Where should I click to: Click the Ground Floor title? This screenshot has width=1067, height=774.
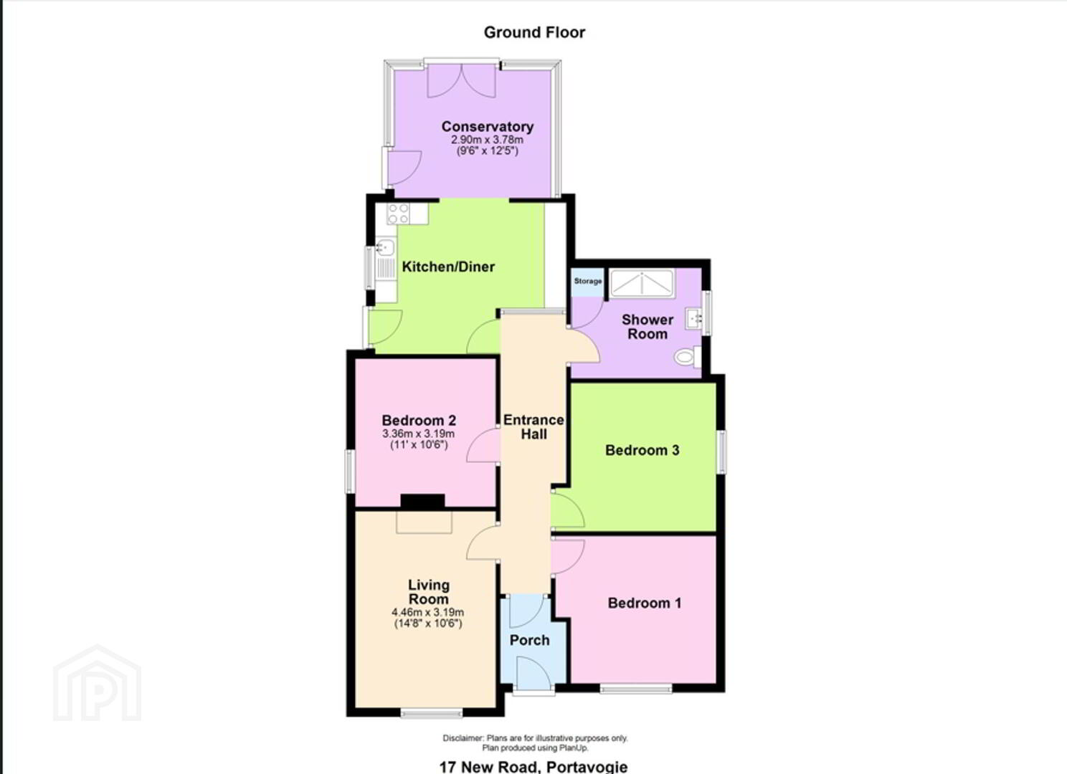pos(534,32)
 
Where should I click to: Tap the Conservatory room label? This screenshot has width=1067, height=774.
pos(488,127)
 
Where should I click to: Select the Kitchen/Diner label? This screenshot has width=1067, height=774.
pos(448,267)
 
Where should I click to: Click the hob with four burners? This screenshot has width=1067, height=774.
pos(398,214)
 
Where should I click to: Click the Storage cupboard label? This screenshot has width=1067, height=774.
pos(588,282)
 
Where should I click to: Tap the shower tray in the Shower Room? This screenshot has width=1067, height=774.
pos(642,284)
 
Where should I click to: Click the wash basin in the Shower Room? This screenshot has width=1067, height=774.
pos(693,318)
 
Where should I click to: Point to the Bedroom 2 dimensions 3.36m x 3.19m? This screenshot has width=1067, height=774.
pos(418,434)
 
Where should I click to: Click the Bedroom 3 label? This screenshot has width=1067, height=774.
pos(642,450)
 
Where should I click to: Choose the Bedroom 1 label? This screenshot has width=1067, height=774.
pos(645,603)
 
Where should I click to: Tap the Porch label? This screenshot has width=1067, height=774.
pos(530,640)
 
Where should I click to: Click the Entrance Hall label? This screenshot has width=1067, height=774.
pos(533,427)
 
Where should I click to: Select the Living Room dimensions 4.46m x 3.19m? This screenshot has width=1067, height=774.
pos(428,612)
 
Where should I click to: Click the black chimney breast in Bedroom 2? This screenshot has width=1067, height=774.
pos(422,501)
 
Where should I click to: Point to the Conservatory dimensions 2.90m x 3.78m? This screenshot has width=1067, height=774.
pos(488,140)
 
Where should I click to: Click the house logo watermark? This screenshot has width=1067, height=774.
pos(98,683)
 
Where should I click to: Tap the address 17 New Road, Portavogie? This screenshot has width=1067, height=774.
pos(533,766)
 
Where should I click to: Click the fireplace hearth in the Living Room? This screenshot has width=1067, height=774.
pos(424,522)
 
